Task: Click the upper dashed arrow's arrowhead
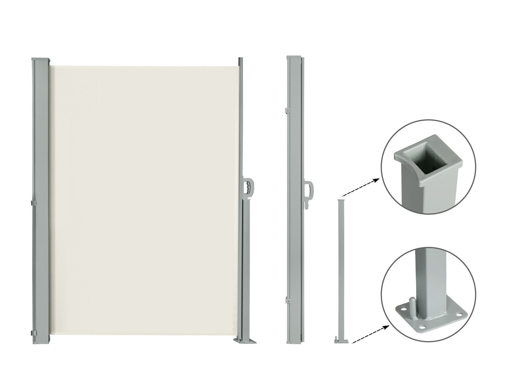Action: click(x=376, y=180)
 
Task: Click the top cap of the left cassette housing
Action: click(x=41, y=59)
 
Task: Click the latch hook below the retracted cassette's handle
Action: click(x=307, y=206)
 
